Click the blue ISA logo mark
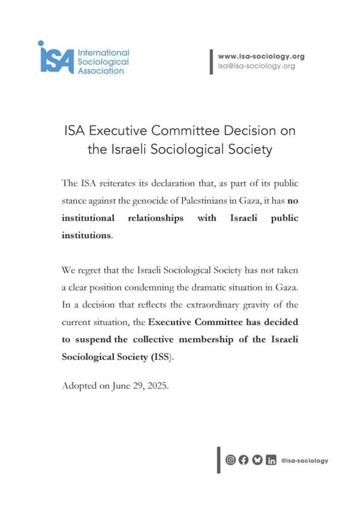56,58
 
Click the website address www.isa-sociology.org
261,56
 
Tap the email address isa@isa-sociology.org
256,66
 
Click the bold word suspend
91,339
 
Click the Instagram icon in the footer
230,460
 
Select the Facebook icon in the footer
244,460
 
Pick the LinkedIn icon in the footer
271,460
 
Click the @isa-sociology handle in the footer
304,461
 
